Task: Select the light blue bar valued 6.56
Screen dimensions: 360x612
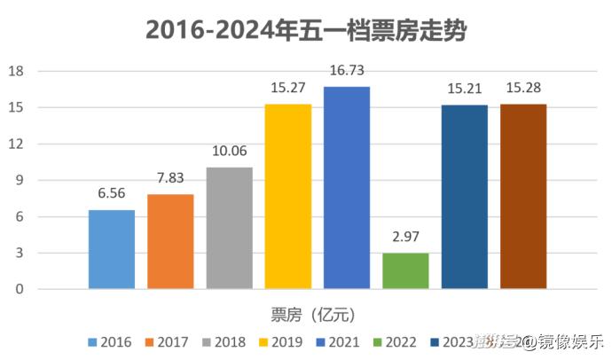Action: point(112,249)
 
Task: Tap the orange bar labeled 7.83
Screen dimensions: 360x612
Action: point(170,241)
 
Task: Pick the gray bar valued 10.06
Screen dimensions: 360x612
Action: point(229,228)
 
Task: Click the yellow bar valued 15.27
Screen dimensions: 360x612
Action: point(288,196)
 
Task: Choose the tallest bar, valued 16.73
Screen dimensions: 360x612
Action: point(347,187)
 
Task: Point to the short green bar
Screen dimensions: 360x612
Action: point(405,271)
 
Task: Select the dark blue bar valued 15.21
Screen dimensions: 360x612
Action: point(465,197)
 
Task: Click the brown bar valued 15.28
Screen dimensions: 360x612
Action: point(523,196)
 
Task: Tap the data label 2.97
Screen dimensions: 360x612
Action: point(405,237)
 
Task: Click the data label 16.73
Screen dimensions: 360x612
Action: point(347,71)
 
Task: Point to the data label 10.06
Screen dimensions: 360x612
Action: point(229,151)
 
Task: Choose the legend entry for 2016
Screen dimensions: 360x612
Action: point(110,341)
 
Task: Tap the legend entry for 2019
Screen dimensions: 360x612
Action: point(280,341)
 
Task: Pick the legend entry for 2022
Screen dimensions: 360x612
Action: point(394,341)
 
